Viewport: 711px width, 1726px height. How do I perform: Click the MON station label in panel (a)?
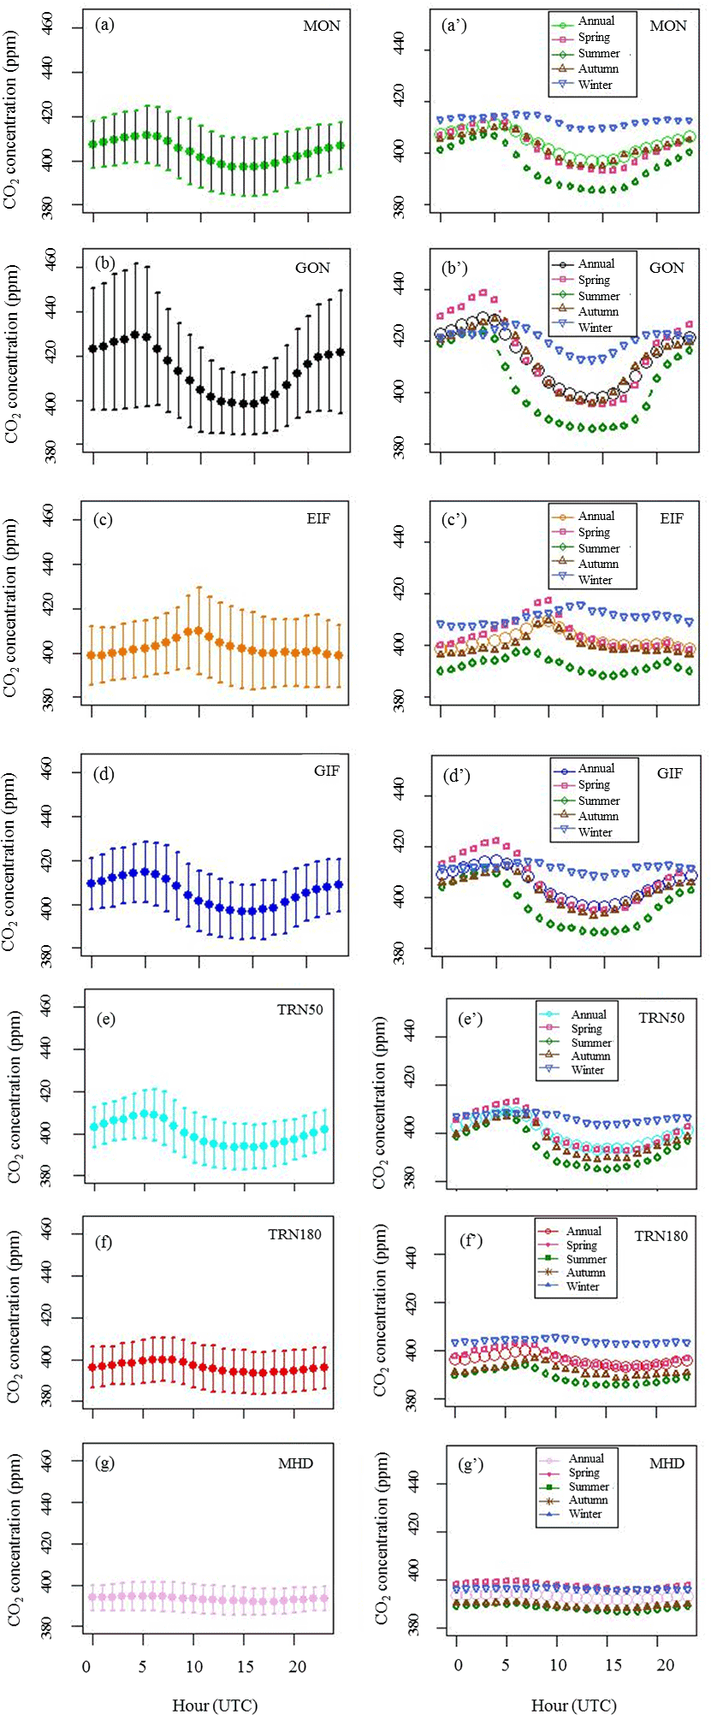coord(322,26)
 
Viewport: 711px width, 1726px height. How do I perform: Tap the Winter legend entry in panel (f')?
coord(583,1286)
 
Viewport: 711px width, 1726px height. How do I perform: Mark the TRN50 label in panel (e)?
coord(299,1009)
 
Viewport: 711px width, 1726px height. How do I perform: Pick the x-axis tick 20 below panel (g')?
coord(665,1666)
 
